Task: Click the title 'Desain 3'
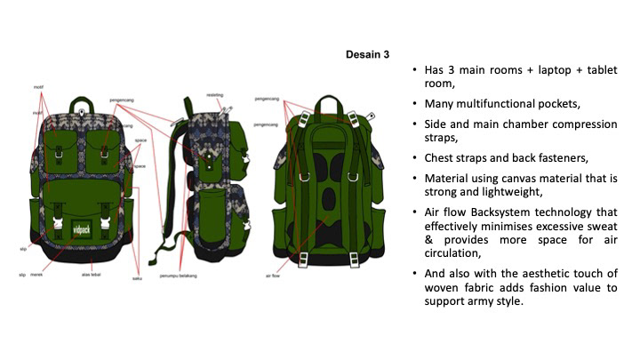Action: point(367,55)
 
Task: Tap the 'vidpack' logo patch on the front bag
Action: point(83,227)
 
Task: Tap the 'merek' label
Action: point(36,276)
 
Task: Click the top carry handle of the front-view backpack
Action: point(82,103)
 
